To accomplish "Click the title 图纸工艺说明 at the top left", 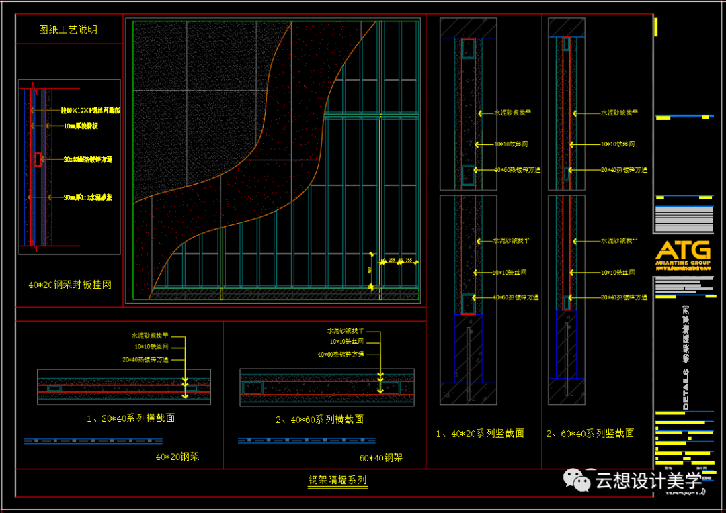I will tap(68, 30).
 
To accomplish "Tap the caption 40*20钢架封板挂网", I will tap(70, 285).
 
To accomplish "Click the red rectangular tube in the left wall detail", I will tap(38, 159).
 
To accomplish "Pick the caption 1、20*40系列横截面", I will tap(130, 418).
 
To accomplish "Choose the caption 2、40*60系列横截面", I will tap(319, 419).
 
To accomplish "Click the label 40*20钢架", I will tap(177, 457).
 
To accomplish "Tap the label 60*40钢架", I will tap(380, 458).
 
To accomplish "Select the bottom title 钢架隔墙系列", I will tap(337, 480).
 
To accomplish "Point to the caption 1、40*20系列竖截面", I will tap(480, 434).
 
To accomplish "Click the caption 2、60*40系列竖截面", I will tap(590, 434).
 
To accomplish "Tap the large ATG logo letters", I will tap(682, 249).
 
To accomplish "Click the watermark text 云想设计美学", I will tap(649, 481).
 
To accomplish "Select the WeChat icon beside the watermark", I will tap(576, 479).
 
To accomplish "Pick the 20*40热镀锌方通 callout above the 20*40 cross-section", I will tap(145, 359).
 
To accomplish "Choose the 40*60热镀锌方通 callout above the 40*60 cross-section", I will tap(341, 354).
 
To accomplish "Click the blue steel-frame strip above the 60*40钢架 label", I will tap(306, 441).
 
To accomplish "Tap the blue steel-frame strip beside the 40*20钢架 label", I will tap(93, 441).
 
